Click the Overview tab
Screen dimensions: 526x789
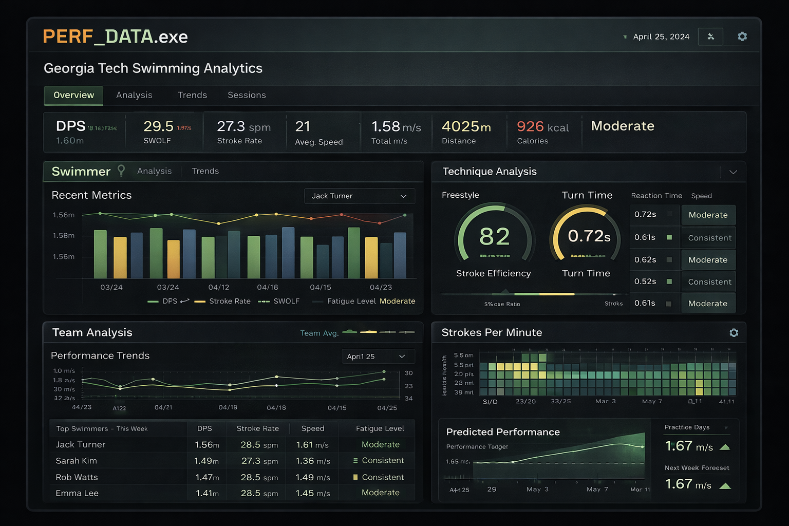point(73,95)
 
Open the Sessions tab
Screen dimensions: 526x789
point(247,95)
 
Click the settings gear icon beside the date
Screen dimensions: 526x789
point(742,36)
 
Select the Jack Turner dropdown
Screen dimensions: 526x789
point(359,196)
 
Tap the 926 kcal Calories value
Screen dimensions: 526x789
point(542,126)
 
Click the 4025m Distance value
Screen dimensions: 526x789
point(466,126)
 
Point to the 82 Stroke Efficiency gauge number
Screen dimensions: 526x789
point(494,236)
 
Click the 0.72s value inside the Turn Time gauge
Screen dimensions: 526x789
point(589,236)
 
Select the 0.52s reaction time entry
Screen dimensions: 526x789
point(645,281)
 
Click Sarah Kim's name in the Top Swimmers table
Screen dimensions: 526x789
point(76,461)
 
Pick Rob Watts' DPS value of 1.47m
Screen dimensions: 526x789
point(207,477)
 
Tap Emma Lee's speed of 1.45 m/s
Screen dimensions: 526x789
point(313,493)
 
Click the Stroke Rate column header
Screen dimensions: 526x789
point(257,428)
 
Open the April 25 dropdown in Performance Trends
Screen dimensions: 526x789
point(378,356)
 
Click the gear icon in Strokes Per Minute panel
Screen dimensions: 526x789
point(734,333)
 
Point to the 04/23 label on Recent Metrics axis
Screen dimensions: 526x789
point(381,287)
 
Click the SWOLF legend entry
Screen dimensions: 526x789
point(286,301)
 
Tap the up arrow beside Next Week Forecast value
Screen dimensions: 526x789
point(725,486)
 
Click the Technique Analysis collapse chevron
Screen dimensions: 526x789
point(733,172)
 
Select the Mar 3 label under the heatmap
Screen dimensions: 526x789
point(605,401)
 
